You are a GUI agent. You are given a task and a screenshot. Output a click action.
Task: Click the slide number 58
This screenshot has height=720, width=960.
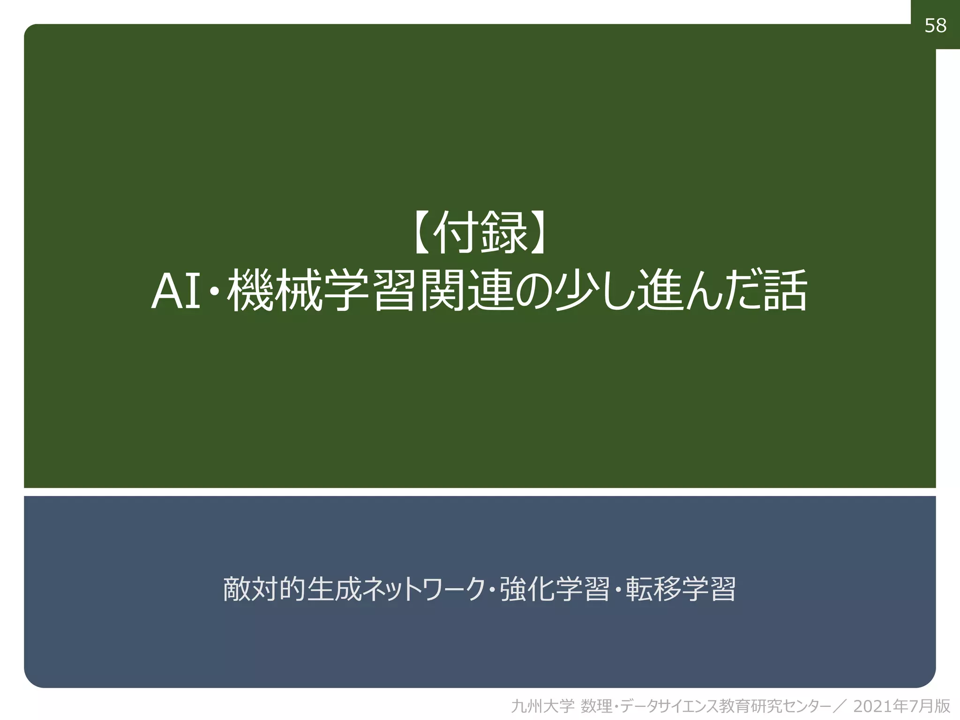(x=935, y=25)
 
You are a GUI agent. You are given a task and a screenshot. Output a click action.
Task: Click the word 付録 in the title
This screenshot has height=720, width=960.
(x=480, y=232)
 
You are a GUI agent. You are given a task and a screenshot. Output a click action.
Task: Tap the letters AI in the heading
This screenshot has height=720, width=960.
(x=176, y=292)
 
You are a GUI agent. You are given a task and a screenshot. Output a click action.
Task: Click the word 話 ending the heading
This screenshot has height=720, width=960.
(x=785, y=291)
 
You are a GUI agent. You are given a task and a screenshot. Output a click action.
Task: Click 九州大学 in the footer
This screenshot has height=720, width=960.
(x=542, y=706)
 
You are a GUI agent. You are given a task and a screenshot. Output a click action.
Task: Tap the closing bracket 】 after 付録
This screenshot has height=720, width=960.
(x=539, y=232)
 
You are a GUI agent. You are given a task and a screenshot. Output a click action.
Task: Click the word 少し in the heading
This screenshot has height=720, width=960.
(x=593, y=291)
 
